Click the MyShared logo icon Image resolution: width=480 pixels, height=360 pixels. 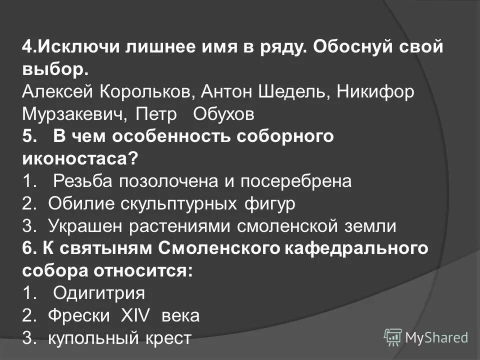click(x=393, y=337)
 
